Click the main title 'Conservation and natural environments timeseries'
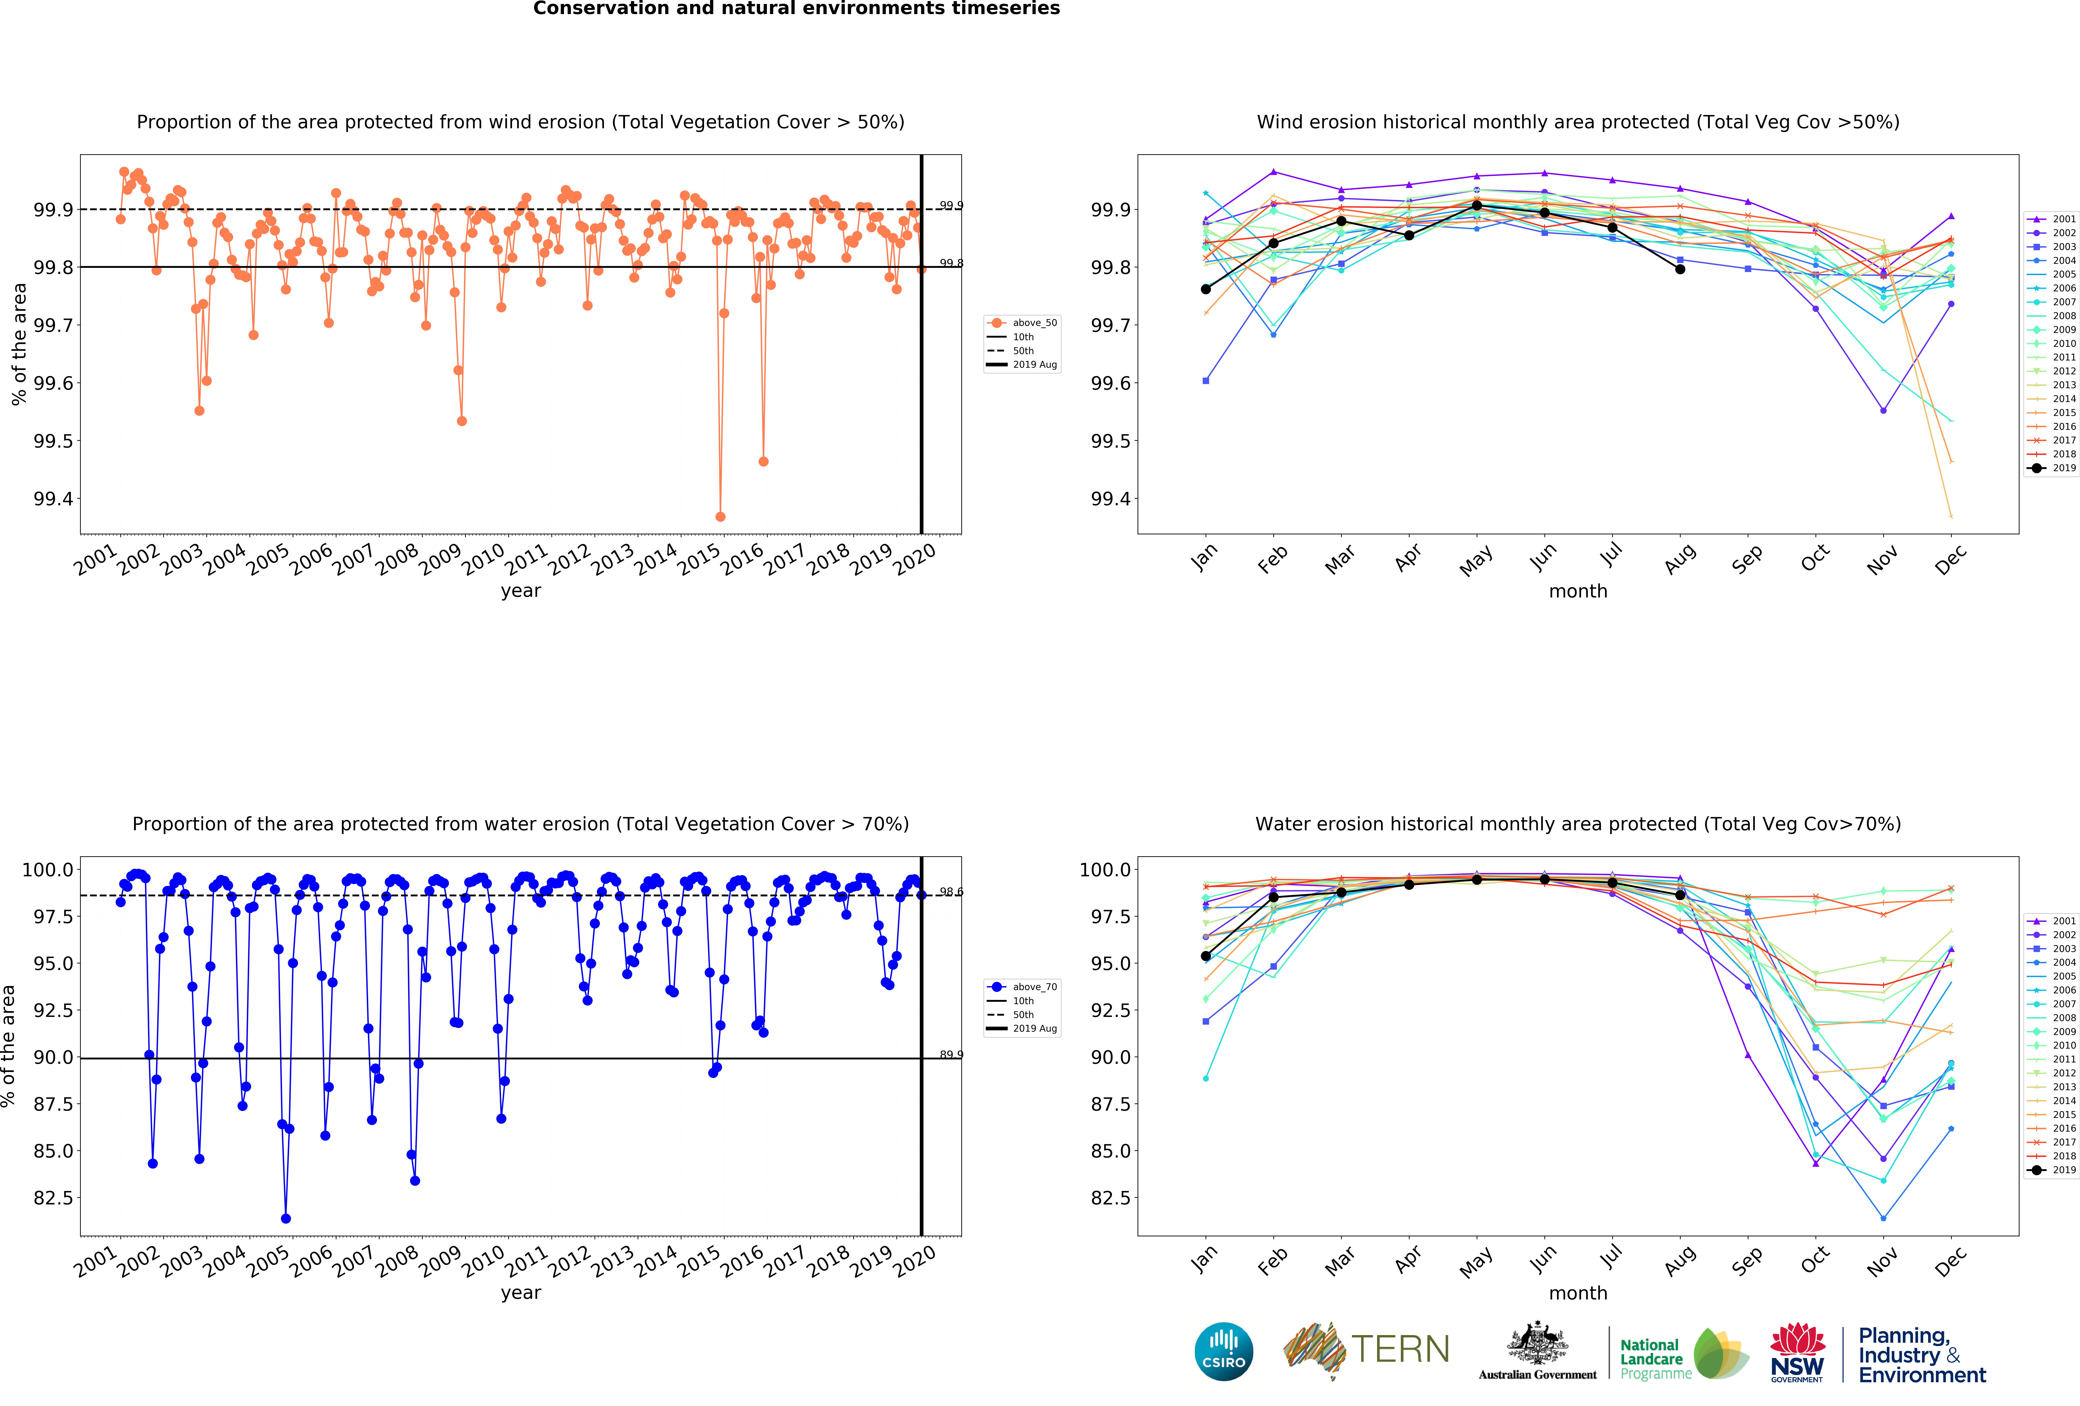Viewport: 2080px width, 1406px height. [x=796, y=9]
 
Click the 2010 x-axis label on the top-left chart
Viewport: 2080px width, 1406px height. [x=483, y=559]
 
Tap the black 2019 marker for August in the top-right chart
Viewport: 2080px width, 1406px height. [x=1680, y=269]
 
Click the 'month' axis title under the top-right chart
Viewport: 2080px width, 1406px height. [x=1578, y=592]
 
